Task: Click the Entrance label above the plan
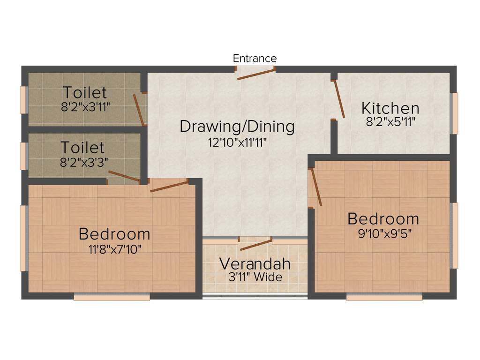coord(255,59)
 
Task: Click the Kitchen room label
coord(390,109)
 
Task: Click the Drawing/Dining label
coord(237,127)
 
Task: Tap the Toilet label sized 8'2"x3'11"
coord(85,92)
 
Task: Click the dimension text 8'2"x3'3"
coord(82,162)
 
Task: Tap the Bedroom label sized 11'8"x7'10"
coord(114,233)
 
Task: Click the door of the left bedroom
coord(169,186)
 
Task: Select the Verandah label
coord(255,263)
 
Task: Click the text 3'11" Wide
coord(255,277)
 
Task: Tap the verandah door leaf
coord(256,244)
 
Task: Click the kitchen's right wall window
coord(454,113)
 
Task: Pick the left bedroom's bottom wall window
coord(112,297)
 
